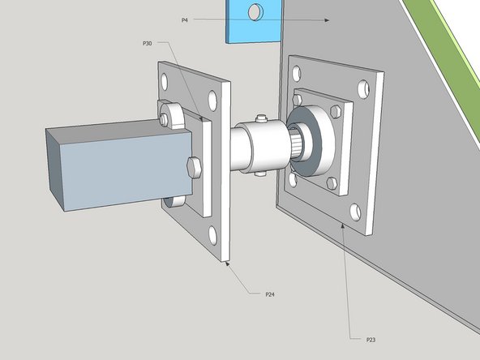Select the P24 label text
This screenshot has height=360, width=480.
(x=269, y=293)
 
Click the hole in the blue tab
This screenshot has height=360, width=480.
(x=255, y=12)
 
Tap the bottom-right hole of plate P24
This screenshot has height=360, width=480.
(x=212, y=236)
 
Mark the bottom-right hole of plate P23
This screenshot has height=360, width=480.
(x=355, y=212)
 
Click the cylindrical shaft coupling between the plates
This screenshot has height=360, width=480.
(x=255, y=146)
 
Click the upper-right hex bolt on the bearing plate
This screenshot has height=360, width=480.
(x=333, y=110)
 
